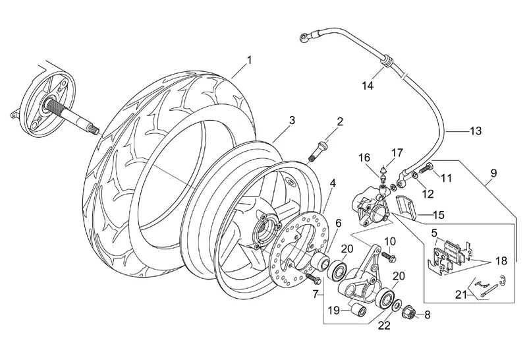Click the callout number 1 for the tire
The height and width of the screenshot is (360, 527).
tap(249, 61)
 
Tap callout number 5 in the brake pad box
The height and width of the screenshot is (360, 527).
tap(434, 233)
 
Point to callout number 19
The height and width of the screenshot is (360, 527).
tap(334, 310)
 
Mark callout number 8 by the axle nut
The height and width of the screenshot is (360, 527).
tap(427, 315)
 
